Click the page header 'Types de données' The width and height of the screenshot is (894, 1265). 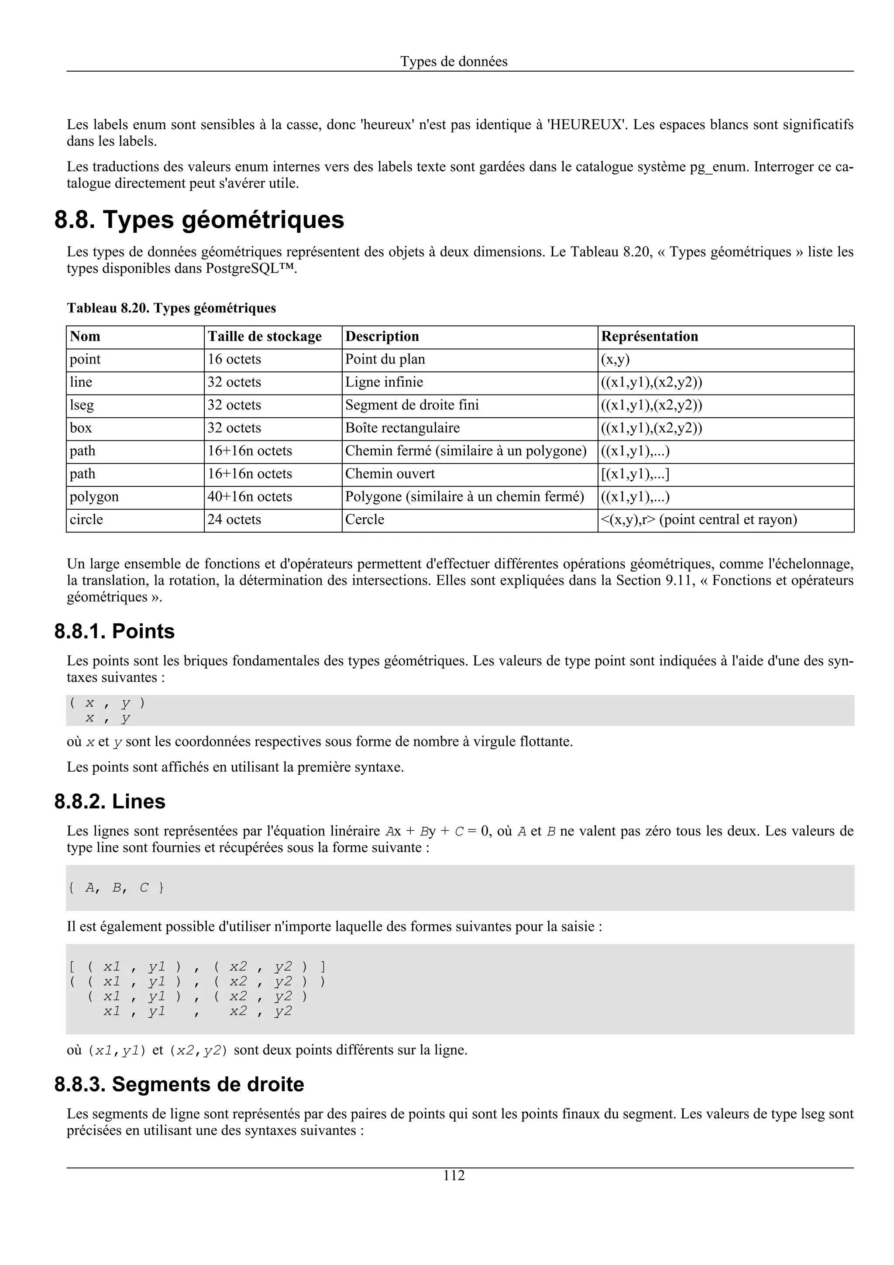point(454,62)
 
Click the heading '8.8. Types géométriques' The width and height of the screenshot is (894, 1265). point(199,220)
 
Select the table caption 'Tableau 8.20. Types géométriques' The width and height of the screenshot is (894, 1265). point(171,308)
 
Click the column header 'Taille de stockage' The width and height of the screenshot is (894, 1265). point(265,337)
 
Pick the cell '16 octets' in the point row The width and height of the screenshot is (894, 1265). point(234,360)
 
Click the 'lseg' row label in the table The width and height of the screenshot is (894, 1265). point(82,406)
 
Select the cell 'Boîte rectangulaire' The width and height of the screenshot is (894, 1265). point(402,428)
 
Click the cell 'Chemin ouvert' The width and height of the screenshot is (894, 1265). point(389,474)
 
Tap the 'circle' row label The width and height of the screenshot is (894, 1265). point(86,519)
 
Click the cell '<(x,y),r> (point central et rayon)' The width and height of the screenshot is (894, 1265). point(698,519)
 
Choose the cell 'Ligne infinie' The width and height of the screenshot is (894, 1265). point(384,382)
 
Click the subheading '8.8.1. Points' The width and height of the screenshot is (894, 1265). point(114,631)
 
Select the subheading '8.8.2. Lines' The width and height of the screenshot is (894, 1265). point(110,801)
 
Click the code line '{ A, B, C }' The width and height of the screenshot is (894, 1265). point(116,887)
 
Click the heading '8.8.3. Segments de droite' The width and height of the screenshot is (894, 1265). point(179,1085)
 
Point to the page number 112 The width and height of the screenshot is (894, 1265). point(454,1176)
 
